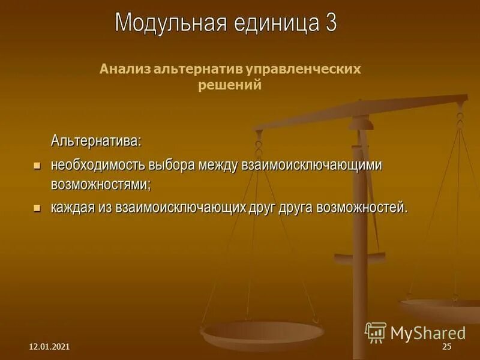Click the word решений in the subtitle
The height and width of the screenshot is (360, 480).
click(x=230, y=85)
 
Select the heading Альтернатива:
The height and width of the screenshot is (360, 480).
click(x=96, y=142)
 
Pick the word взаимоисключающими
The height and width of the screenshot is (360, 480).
click(x=311, y=165)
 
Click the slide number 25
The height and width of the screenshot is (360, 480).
click(x=446, y=347)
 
